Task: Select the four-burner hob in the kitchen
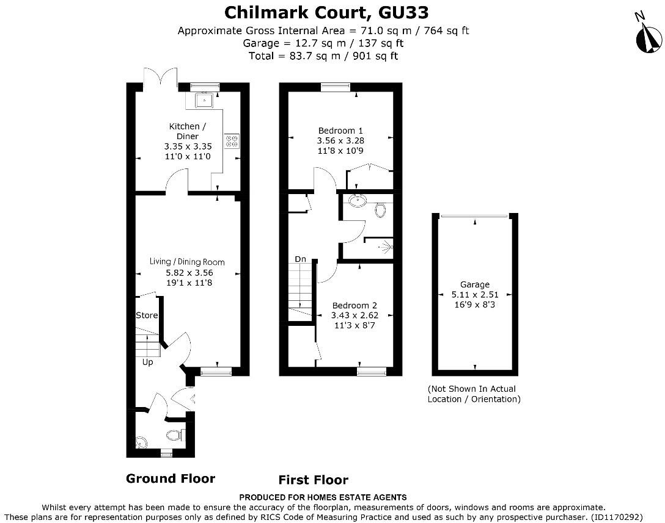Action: coord(232,141)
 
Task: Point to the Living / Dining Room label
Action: coord(187,262)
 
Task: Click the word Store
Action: coord(147,316)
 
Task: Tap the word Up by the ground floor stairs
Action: coord(147,362)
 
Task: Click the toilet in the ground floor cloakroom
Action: coord(174,436)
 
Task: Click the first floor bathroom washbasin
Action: coord(356,201)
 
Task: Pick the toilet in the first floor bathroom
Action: coord(381,210)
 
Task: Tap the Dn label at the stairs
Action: coord(300,259)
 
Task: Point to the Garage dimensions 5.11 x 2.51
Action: coord(475,294)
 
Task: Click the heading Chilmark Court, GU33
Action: coord(326,12)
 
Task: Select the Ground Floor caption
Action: coord(171,478)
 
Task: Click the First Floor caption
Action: coord(314,480)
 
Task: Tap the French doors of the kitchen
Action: coord(161,79)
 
